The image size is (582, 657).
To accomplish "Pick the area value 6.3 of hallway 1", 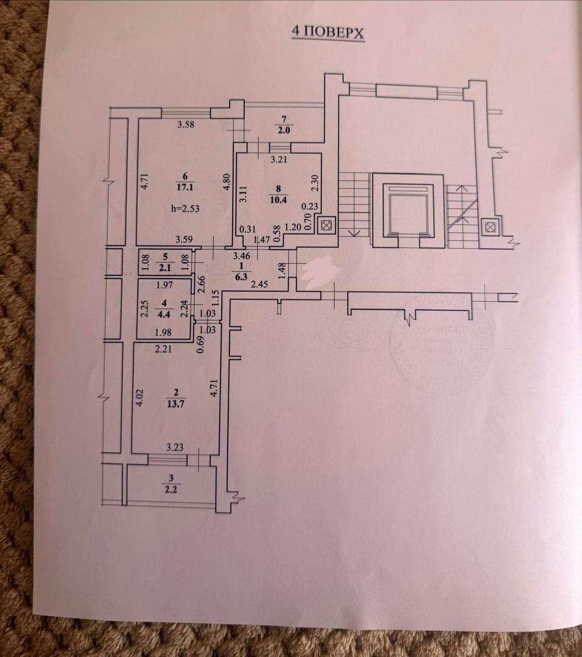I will click(x=242, y=275).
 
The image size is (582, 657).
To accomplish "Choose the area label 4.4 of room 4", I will click(x=164, y=314).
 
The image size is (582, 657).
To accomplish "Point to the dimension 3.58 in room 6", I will click(x=187, y=125).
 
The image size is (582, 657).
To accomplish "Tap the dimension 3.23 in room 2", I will click(x=176, y=447).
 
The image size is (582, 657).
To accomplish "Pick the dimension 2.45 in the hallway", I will click(x=259, y=284).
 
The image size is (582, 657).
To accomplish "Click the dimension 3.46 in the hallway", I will click(x=241, y=255).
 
